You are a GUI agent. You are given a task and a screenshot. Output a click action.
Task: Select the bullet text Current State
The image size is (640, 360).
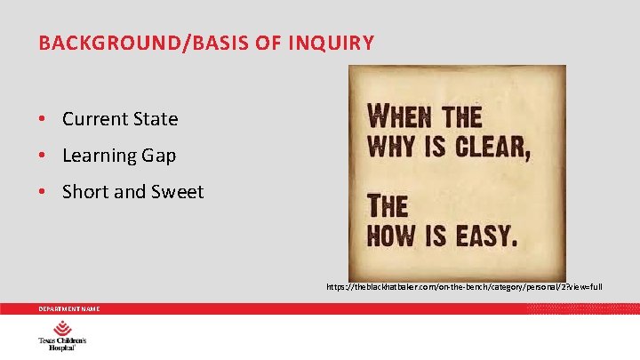coord(120,119)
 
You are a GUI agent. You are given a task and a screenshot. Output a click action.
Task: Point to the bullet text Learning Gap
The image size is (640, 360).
coord(119,156)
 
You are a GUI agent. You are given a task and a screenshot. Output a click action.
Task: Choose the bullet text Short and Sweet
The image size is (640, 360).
coord(132,192)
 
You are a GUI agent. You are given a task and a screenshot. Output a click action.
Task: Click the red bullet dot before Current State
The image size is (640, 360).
coord(42,119)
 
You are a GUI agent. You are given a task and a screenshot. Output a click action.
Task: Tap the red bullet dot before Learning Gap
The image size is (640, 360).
coord(42,156)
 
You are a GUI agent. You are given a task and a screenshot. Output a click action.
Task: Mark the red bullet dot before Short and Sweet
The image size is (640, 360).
coord(42,192)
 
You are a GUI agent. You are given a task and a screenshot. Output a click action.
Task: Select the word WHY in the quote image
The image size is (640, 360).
coord(388,146)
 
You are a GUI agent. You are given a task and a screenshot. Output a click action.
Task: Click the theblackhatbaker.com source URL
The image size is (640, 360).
coord(463,287)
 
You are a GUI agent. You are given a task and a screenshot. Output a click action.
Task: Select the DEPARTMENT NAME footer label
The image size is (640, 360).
coord(68,308)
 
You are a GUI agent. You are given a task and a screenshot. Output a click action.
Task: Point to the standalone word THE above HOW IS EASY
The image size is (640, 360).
coord(387,207)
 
